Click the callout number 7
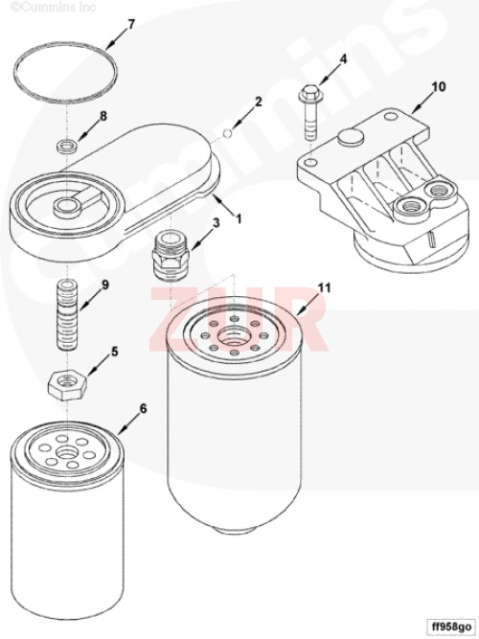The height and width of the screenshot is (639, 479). click(131, 25)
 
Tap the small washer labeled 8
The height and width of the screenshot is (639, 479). click(66, 146)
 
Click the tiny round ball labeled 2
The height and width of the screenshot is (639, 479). click(229, 131)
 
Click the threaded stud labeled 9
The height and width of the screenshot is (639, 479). click(66, 314)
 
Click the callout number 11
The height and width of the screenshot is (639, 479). click(325, 288)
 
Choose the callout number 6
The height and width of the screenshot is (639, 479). click(143, 408)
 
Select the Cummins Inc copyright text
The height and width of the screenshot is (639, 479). click(48, 7)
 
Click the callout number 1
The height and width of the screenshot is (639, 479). click(239, 218)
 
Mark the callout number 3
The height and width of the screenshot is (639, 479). click(217, 223)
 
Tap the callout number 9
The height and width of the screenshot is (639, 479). click(105, 285)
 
